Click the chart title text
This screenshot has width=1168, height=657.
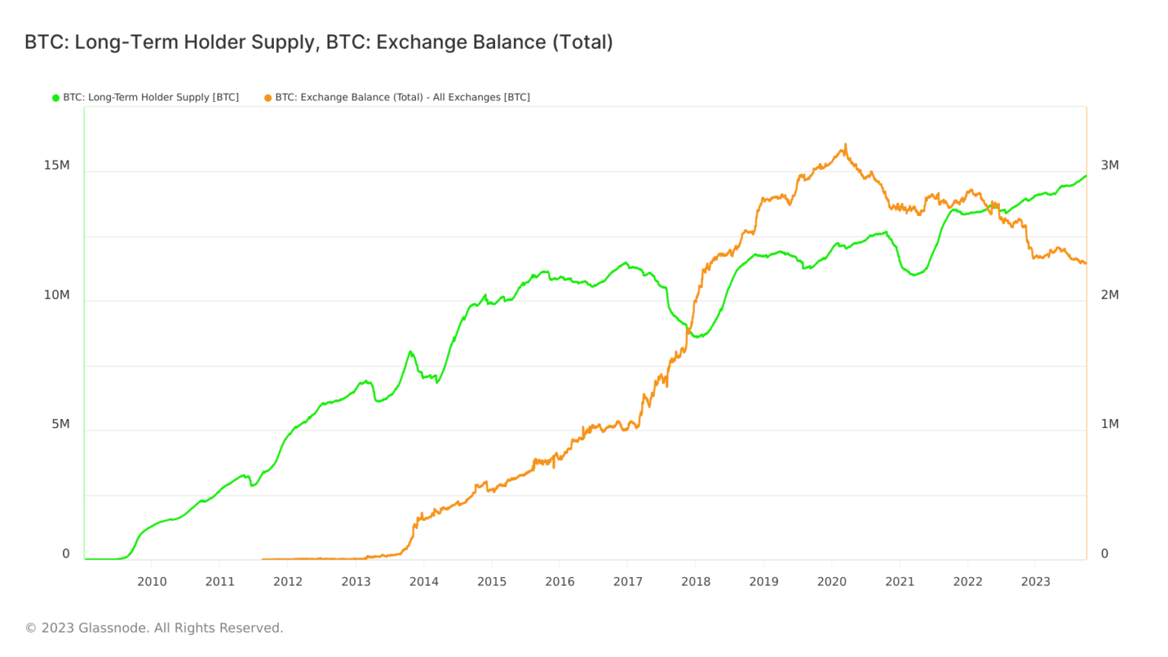(x=319, y=42)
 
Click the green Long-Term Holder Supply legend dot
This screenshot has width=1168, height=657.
(x=56, y=98)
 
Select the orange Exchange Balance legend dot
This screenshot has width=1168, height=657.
(x=268, y=98)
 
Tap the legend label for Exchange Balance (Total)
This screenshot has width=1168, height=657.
(x=402, y=97)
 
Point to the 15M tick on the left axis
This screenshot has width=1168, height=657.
(x=56, y=165)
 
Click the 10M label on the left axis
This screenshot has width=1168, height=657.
(x=56, y=295)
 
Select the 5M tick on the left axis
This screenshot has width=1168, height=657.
(x=61, y=424)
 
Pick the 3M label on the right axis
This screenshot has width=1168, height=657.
(x=1109, y=165)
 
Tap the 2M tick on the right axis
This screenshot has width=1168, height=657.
(x=1109, y=295)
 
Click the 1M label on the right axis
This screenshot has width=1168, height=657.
(x=1109, y=424)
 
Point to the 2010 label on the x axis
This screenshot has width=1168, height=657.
(x=152, y=582)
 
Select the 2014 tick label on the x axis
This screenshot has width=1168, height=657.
(x=424, y=582)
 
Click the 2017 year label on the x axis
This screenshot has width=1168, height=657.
(x=628, y=582)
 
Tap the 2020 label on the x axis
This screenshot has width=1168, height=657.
(x=832, y=582)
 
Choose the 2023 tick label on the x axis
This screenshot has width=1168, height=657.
(x=1036, y=582)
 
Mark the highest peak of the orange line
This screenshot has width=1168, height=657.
(x=846, y=145)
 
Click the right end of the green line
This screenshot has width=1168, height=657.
(x=1086, y=176)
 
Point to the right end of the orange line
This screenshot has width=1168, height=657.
(x=1085, y=263)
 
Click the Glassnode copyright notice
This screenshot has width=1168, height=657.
(x=154, y=628)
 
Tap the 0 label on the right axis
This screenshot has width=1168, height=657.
(x=1105, y=554)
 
